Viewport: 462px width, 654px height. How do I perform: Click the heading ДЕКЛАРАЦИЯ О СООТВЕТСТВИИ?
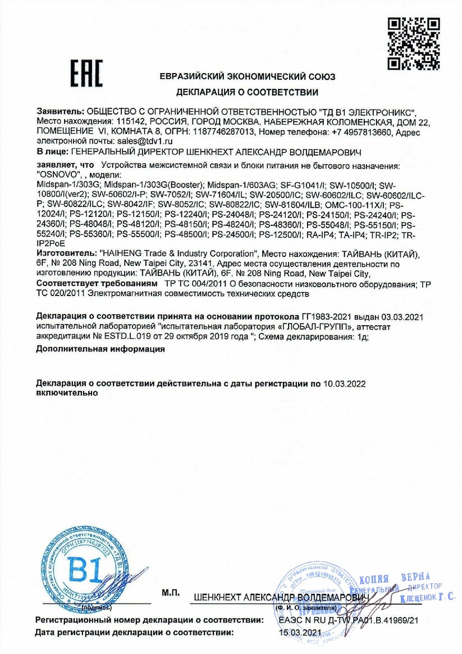pyautogui.click(x=248, y=92)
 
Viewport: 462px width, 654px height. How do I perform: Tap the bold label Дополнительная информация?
pyautogui.click(x=100, y=349)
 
